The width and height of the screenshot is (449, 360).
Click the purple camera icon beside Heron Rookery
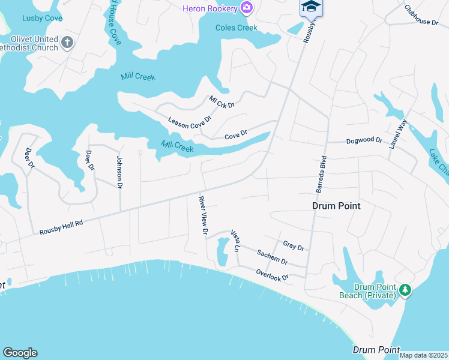point(246,7)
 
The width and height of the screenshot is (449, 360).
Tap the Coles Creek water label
point(237,28)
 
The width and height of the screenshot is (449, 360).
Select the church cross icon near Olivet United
point(67,43)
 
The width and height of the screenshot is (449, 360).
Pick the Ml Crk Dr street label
point(221,101)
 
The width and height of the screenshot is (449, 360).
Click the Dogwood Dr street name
point(364,140)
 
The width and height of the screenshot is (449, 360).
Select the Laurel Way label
point(397,134)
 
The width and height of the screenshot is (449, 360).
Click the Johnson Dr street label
point(119,172)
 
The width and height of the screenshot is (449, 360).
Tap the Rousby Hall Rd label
point(61,227)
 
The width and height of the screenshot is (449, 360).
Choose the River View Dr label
point(203,214)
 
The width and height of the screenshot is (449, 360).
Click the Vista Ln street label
point(235,239)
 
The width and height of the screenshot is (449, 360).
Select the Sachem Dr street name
point(272,257)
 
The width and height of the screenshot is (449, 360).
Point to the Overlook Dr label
point(272,275)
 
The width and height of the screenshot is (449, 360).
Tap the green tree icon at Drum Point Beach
point(406,290)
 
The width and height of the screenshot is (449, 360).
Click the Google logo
point(20,353)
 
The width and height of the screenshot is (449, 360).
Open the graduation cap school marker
point(310,7)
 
